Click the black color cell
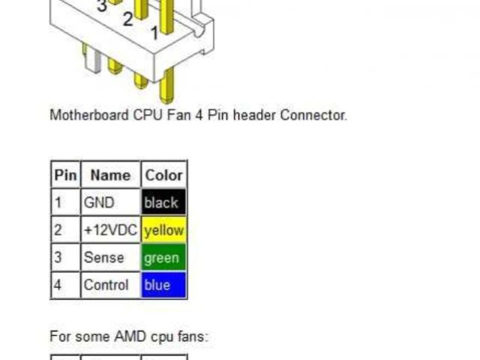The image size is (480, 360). [163, 202]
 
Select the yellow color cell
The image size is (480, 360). [163, 230]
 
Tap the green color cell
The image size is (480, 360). [163, 258]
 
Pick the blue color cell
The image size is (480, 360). [163, 285]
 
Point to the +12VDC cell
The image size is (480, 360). [110, 230]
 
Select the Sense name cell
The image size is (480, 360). [103, 258]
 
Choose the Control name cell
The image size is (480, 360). [106, 285]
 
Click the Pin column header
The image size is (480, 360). [65, 175]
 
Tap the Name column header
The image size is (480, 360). [110, 175]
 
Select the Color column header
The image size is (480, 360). [163, 175]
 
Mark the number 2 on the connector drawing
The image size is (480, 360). [127, 19]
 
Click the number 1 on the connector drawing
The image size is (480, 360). [154, 33]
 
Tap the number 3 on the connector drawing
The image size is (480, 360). [101, 6]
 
